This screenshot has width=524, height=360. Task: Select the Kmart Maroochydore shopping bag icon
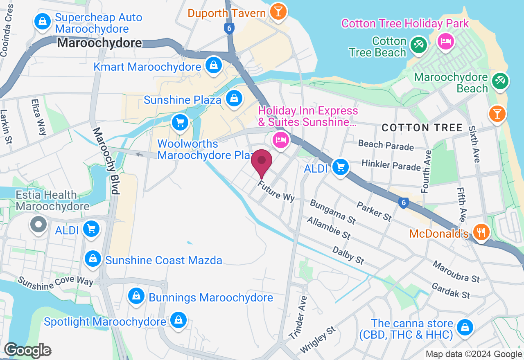point(213,65)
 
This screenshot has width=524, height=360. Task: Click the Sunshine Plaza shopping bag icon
point(234,99)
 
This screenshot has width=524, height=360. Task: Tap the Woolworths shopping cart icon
point(180,122)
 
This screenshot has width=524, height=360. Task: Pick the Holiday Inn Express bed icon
point(280,139)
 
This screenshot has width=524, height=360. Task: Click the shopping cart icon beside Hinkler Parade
point(340,167)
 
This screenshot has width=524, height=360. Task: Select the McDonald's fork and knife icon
point(481,232)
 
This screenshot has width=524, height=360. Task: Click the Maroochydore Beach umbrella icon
point(499,81)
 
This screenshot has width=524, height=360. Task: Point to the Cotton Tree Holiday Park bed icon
point(445,41)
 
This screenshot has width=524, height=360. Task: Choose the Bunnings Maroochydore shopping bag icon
point(136,296)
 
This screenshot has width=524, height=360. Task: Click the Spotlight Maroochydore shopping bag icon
point(178,320)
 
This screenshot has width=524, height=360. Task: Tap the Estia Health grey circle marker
point(39,224)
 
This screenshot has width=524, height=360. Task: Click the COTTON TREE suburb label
point(422,128)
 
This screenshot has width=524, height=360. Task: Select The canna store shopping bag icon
point(465,328)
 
